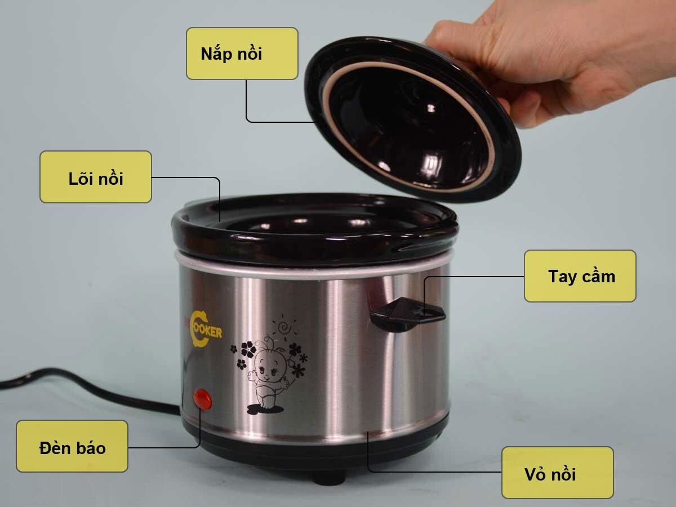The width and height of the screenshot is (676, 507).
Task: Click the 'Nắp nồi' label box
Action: (242, 54)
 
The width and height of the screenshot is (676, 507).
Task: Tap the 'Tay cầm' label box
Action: (580, 276)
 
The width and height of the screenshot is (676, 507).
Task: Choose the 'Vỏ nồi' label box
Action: (557, 473)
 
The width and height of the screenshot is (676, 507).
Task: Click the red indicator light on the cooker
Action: (202, 399)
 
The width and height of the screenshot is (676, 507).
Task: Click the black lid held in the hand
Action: (411, 118)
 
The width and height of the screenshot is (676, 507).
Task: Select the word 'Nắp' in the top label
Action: (215, 54)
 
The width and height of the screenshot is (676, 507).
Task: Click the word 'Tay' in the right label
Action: (561, 276)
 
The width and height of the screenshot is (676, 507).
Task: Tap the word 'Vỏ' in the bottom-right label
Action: (536, 473)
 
